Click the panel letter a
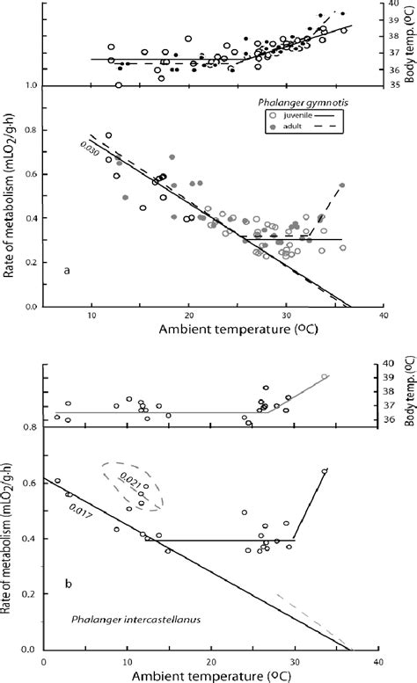click(x=67, y=271)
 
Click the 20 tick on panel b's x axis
click(x=210, y=659)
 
